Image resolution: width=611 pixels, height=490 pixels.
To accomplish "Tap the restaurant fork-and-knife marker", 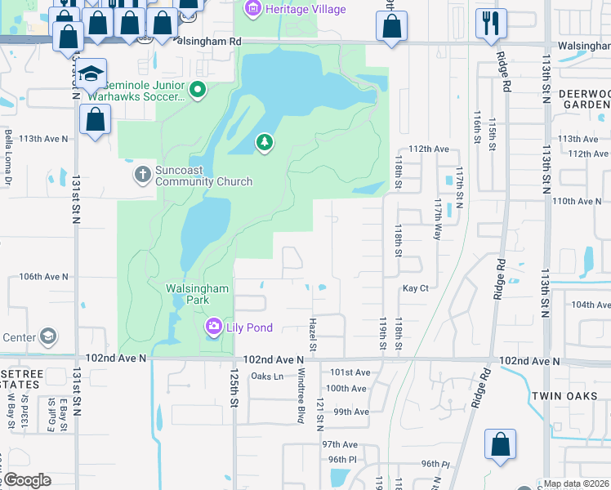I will click(491, 22).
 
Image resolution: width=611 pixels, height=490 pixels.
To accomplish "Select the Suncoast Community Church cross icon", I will click(142, 175).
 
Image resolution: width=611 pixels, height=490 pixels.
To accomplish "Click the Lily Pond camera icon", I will click(213, 327).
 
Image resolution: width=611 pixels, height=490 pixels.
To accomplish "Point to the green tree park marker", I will click(264, 143).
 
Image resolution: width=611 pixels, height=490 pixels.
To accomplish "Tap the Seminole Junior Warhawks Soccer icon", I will click(197, 90).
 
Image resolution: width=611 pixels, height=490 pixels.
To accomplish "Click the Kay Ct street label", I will click(415, 288).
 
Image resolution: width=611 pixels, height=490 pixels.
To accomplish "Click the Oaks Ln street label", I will click(267, 376).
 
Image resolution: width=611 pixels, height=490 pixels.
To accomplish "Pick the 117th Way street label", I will click(437, 221).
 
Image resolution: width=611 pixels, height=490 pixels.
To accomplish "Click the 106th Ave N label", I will click(44, 277).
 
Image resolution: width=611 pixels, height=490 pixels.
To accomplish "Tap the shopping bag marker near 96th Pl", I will click(500, 444).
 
